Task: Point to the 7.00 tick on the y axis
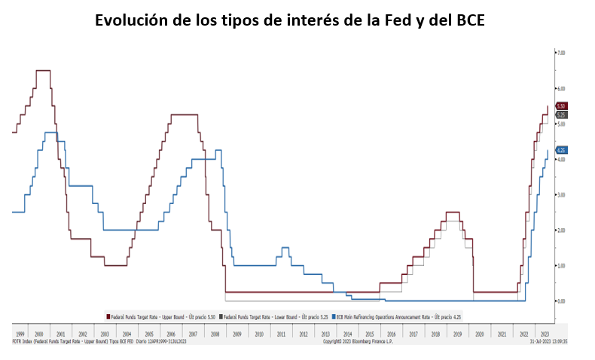click(x=560, y=53)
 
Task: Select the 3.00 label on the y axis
click(x=560, y=194)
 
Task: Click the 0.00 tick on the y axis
click(x=560, y=301)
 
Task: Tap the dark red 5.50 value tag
click(x=561, y=106)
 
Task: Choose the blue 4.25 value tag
click(x=561, y=150)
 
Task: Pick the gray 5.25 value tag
click(x=561, y=114)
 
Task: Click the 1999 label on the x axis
click(x=20, y=333)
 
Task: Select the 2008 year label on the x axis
click(x=215, y=333)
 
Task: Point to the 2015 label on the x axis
click(x=369, y=333)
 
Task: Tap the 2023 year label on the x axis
click(x=545, y=333)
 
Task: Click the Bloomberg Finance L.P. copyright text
click(x=359, y=341)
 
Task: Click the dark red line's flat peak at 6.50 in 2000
click(x=43, y=70)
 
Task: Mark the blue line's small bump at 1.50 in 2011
click(x=285, y=248)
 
